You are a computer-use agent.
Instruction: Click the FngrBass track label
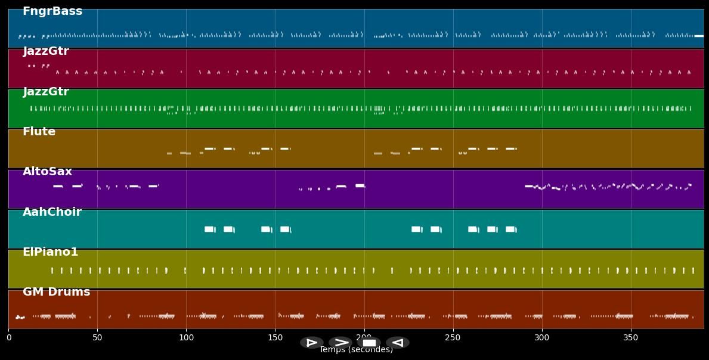click(x=52, y=11)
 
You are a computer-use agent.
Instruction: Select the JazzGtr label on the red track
click(x=46, y=51)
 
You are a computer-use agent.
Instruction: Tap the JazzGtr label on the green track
click(x=46, y=92)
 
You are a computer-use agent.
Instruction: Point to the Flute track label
click(x=39, y=132)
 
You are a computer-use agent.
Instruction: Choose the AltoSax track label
click(x=47, y=172)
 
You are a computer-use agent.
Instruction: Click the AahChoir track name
click(x=52, y=212)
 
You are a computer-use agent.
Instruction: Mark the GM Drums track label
click(x=56, y=292)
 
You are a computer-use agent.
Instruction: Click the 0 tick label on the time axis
click(x=8, y=338)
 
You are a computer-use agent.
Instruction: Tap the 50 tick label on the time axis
click(x=97, y=338)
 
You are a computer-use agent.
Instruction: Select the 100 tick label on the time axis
click(x=186, y=338)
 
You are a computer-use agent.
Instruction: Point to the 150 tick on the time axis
click(x=275, y=338)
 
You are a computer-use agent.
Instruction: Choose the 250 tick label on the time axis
click(x=453, y=338)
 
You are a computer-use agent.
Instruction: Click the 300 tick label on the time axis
click(x=541, y=338)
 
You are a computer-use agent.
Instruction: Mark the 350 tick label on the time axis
click(x=630, y=338)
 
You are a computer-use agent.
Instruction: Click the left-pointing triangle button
click(x=397, y=343)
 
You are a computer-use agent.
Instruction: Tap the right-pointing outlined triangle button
click(x=312, y=343)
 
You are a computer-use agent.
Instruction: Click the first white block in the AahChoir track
click(x=209, y=229)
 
